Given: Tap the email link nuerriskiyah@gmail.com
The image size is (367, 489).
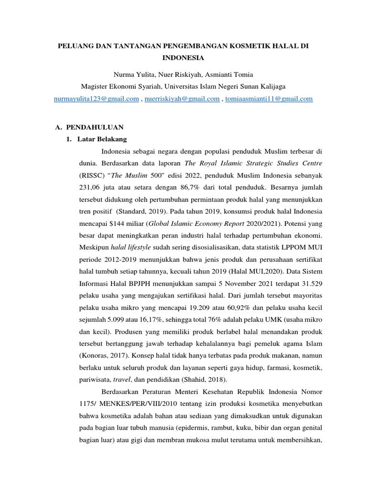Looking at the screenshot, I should coord(182,99).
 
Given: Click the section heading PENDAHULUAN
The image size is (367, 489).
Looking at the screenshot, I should coord(95,127).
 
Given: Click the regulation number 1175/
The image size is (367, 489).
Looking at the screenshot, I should coord(89,404).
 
